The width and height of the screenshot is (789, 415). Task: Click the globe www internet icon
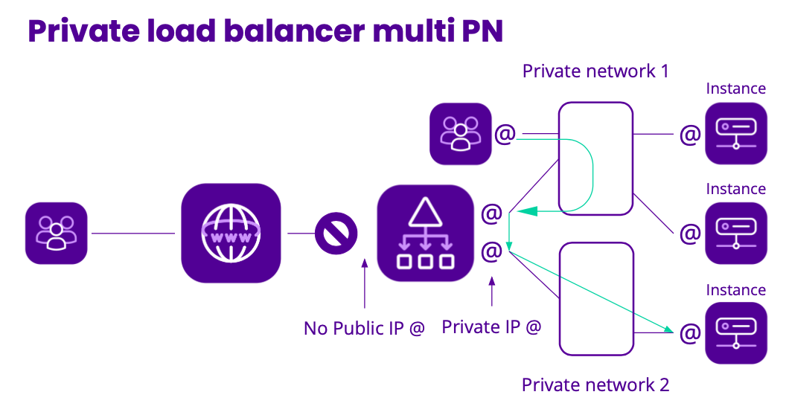click(231, 233)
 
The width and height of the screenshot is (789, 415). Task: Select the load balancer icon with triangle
click(425, 233)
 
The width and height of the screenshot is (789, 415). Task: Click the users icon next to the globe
click(57, 233)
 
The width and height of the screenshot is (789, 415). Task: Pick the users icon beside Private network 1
click(461, 134)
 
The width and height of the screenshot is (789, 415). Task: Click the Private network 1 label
click(595, 71)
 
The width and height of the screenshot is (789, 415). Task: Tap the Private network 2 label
click(595, 385)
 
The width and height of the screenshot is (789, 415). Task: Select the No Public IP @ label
click(364, 328)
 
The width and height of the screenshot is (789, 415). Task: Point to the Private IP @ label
click(491, 326)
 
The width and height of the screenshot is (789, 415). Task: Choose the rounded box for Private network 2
click(596, 297)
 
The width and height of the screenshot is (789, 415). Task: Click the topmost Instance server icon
click(735, 133)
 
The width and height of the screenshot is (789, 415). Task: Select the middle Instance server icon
click(735, 233)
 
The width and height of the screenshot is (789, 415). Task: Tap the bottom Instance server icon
click(735, 332)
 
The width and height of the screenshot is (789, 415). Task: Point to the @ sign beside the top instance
click(690, 135)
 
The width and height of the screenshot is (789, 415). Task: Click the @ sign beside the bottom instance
click(690, 332)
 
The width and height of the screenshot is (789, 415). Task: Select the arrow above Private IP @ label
click(491, 292)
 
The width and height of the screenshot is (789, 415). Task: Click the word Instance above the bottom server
click(735, 290)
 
